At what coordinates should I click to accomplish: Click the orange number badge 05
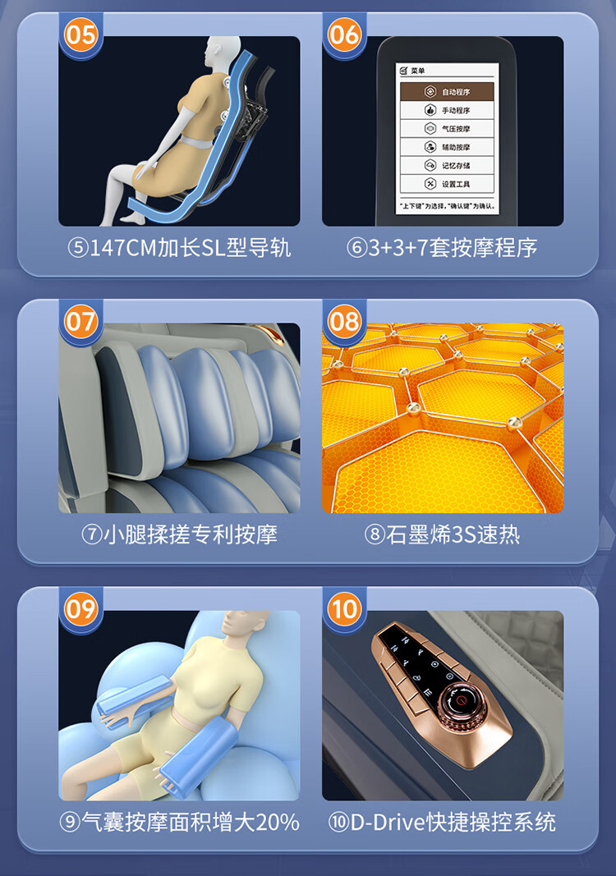[x=81, y=34]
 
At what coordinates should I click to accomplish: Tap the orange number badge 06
[x=344, y=34]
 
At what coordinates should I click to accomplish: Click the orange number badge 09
[x=81, y=608]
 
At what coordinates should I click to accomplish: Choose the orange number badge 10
[x=344, y=608]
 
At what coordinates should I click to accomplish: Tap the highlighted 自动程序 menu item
[x=447, y=92]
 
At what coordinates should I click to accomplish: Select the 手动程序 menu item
[x=447, y=110]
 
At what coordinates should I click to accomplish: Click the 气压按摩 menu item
[x=447, y=129]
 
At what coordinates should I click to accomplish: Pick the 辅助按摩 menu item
[x=447, y=147]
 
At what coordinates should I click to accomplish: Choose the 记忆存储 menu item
[x=447, y=165]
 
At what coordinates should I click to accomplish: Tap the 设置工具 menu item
[x=447, y=184]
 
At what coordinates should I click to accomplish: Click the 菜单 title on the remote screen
[x=417, y=71]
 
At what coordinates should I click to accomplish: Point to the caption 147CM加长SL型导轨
[x=190, y=247]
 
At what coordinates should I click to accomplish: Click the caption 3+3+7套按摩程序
[x=453, y=247]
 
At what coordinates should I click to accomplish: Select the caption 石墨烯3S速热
[x=453, y=534]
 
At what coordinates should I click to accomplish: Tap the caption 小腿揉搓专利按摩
[x=190, y=534]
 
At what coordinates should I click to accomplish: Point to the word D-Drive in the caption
[x=388, y=822]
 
